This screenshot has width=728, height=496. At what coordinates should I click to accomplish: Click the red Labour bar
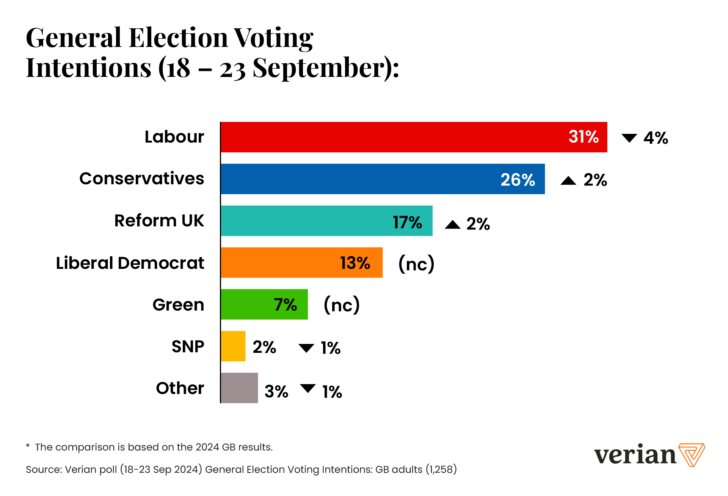[x=413, y=137]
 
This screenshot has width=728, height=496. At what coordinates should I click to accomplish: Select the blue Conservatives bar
[x=382, y=179]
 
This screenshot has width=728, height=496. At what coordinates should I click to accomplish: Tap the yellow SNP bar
[x=233, y=346]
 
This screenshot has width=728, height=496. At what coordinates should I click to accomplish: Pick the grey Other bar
[x=239, y=388]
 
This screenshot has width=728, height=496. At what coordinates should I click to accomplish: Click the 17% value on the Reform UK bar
[x=407, y=222]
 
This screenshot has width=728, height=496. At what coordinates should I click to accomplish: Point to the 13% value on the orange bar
[x=355, y=263]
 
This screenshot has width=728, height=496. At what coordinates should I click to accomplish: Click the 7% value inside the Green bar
[x=285, y=305]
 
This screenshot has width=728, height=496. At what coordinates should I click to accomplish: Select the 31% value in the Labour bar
[x=584, y=137]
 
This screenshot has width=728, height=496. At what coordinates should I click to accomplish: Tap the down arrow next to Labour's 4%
[x=629, y=138]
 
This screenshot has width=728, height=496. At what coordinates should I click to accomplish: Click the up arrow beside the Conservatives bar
[x=568, y=181]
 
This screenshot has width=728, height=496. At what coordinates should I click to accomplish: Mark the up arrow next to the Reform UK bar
[x=452, y=224]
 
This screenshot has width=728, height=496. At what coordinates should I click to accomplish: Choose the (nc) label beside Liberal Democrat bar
[x=416, y=264]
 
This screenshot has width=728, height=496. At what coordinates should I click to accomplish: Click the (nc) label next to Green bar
[x=342, y=305]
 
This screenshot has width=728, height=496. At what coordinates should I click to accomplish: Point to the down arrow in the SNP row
[x=306, y=348]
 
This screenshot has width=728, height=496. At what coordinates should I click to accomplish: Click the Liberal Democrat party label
[x=130, y=263]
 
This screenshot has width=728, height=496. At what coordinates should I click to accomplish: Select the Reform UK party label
[x=159, y=221]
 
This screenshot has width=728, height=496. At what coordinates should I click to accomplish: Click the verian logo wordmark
[x=635, y=455]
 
